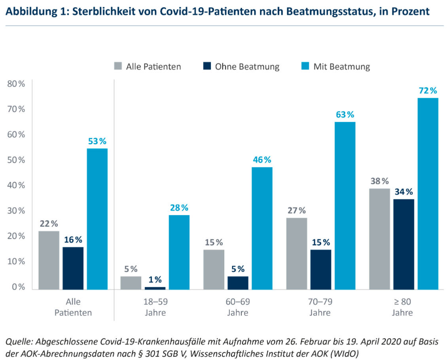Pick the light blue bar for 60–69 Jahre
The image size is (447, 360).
(x=262, y=228)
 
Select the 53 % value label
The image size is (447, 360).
(x=97, y=141)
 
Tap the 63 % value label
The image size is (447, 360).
(x=345, y=115)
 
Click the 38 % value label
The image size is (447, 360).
(x=380, y=181)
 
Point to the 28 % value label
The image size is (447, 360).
(x=179, y=208)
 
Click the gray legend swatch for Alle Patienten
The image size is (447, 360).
(x=117, y=66)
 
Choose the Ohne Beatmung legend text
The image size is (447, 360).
(x=247, y=66)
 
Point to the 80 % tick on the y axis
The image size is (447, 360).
(x=16, y=84)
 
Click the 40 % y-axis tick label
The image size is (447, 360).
(x=16, y=185)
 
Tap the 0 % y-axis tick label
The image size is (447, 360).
(x=18, y=287)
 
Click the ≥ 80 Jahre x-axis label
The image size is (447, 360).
(x=402, y=307)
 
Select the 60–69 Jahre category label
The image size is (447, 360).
(x=238, y=307)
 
